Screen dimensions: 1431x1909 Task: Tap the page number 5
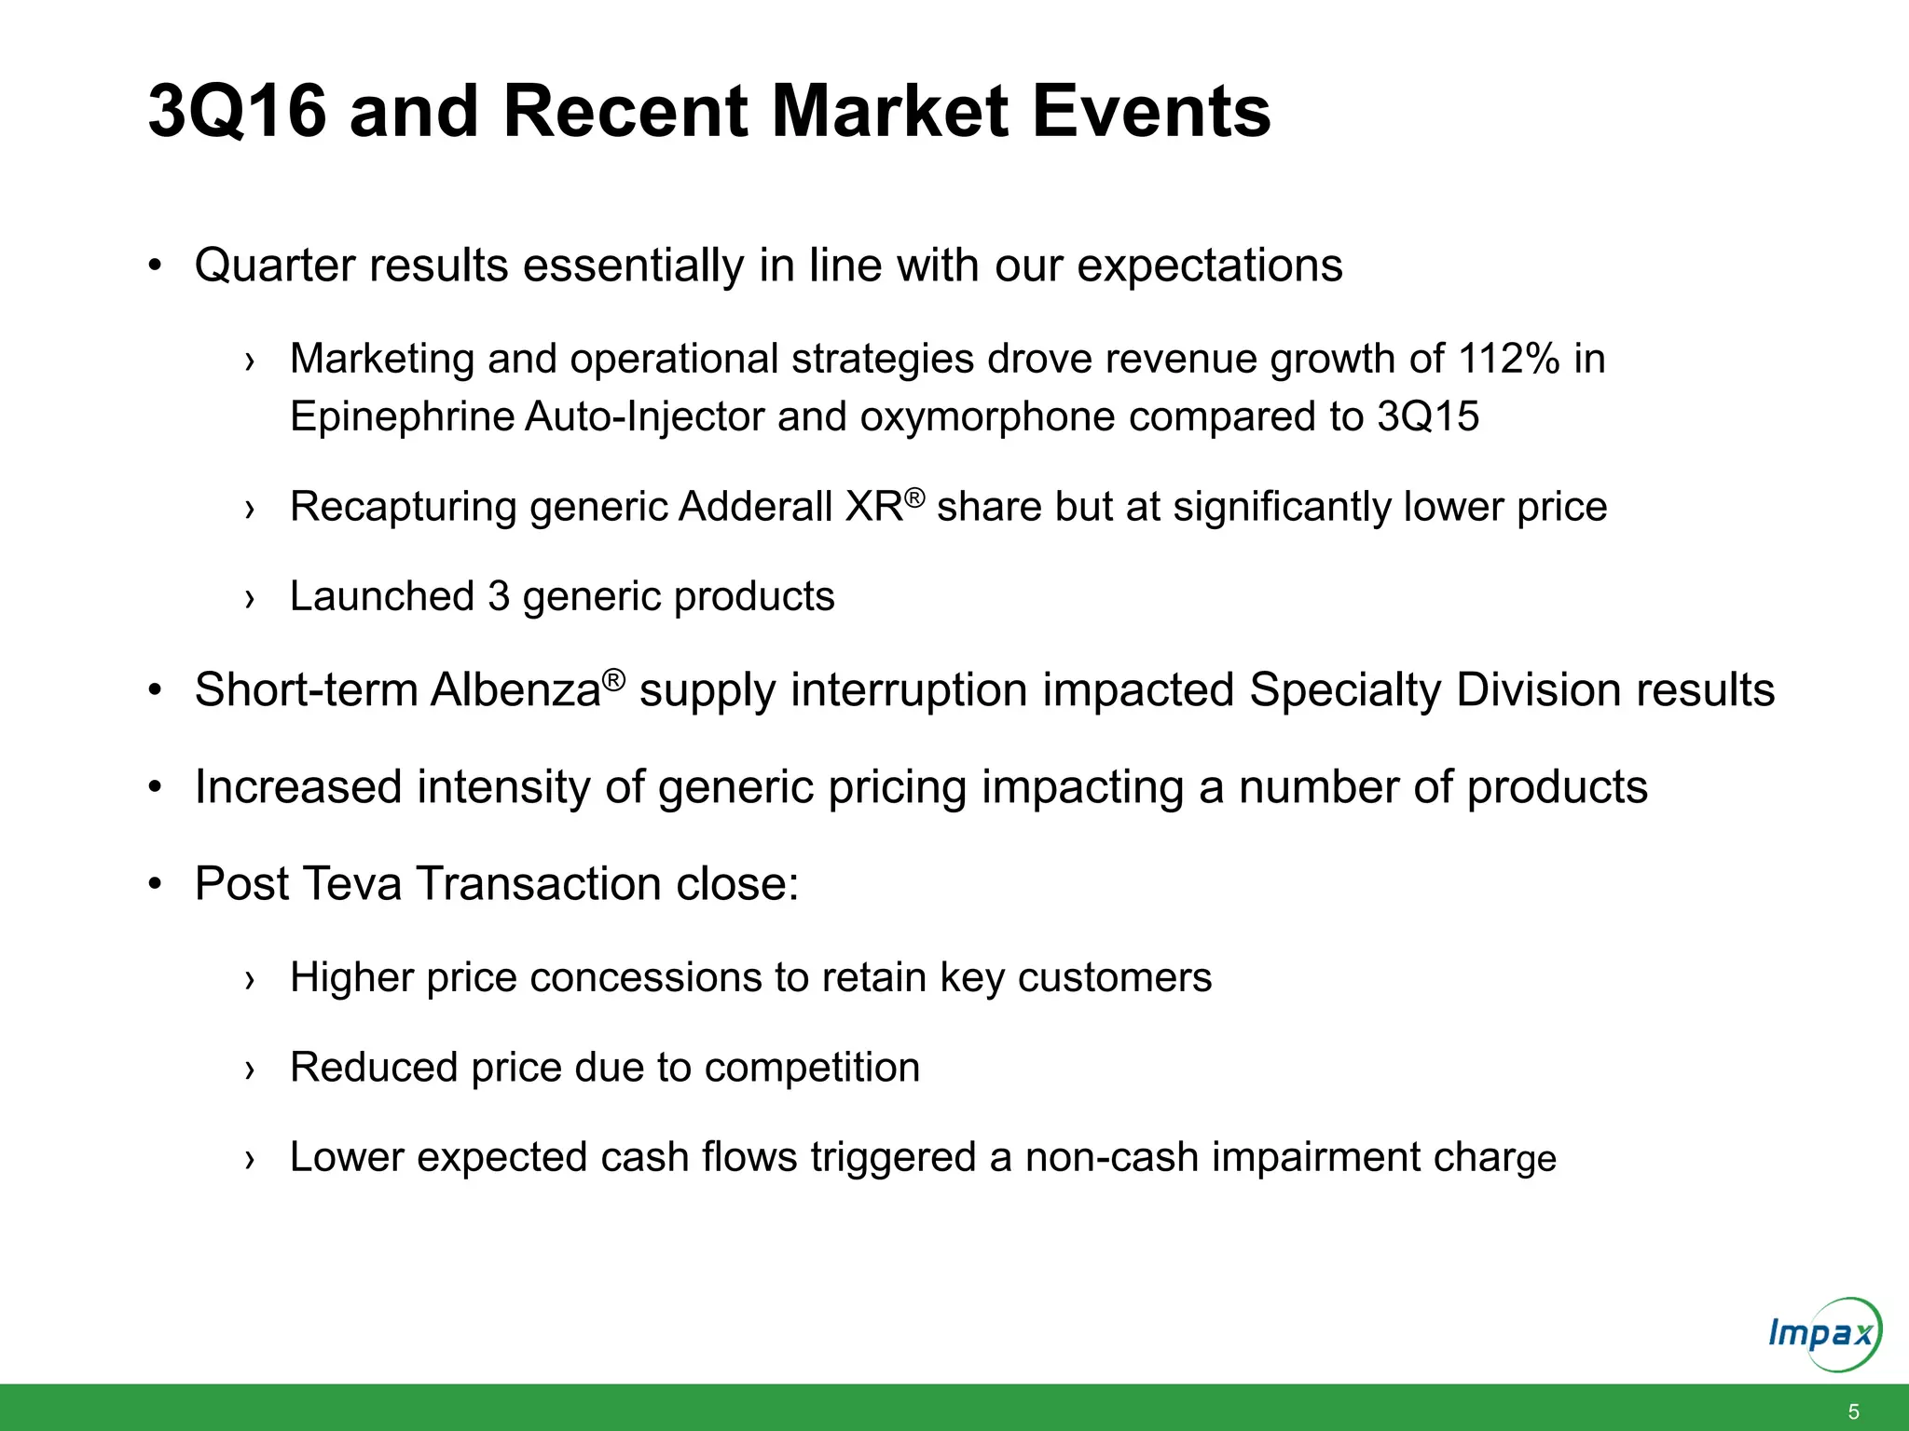(1853, 1411)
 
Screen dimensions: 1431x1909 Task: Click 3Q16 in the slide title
(237, 112)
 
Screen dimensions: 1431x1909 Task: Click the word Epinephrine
(402, 416)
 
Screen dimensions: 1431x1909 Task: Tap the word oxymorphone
(987, 416)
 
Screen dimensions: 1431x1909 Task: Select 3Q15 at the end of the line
(1428, 416)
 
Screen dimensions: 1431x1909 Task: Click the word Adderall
(756, 508)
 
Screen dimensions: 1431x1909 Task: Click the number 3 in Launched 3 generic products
(499, 596)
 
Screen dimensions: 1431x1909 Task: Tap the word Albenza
(515, 691)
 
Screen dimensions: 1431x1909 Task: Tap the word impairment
(1315, 1157)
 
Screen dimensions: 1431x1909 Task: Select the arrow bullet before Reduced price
(249, 1070)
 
